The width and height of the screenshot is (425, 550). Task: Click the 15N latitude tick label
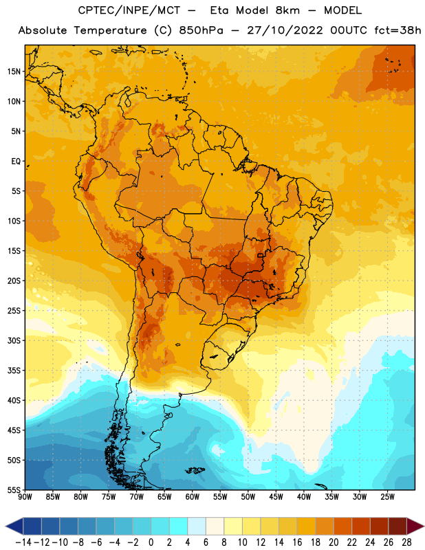pyautogui.click(x=14, y=71)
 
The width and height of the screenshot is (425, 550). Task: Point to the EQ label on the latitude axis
pyautogui.click(x=16, y=162)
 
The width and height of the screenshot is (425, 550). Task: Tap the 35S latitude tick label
pyautogui.click(x=14, y=371)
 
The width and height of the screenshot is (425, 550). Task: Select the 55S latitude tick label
pyautogui.click(x=14, y=489)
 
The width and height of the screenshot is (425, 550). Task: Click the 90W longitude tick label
pyautogui.click(x=25, y=497)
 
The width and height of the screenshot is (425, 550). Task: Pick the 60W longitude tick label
pyautogui.click(x=193, y=497)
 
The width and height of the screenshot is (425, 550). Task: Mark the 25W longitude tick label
pyautogui.click(x=387, y=497)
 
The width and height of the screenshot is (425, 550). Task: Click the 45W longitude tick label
pyautogui.click(x=276, y=497)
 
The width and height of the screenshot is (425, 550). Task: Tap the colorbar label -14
pyautogui.click(x=23, y=542)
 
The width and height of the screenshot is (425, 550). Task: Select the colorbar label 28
pyautogui.click(x=406, y=542)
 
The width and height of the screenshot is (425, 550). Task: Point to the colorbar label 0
pyautogui.click(x=151, y=542)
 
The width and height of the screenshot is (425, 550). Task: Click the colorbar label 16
pyautogui.click(x=297, y=542)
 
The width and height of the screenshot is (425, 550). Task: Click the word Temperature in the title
pyautogui.click(x=110, y=30)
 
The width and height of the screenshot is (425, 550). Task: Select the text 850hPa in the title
pyautogui.click(x=201, y=30)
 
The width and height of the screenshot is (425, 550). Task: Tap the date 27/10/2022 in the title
pyautogui.click(x=285, y=30)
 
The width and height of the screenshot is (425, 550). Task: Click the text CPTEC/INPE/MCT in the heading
pyautogui.click(x=129, y=10)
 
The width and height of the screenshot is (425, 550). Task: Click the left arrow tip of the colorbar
pyautogui.click(x=6, y=527)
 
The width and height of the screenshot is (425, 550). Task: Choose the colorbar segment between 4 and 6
pyautogui.click(x=197, y=527)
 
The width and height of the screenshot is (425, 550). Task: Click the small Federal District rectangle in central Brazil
pyautogui.click(x=261, y=256)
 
